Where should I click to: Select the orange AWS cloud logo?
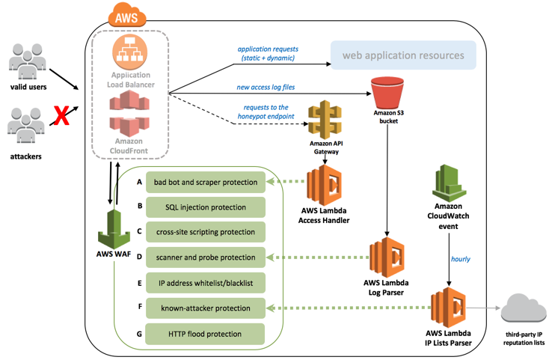[126, 15]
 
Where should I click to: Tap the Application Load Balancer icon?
[131, 53]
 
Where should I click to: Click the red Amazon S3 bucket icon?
[382, 91]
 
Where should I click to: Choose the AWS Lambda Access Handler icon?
[324, 184]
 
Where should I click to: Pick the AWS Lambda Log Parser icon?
[386, 257]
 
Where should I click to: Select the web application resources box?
[403, 55]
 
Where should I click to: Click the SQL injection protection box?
[206, 207]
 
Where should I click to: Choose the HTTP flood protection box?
[206, 334]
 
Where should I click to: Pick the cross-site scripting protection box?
[206, 232]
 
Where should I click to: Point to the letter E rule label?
[139, 283]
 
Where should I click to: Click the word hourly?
[462, 259]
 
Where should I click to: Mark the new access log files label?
[265, 87]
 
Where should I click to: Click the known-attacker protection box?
[206, 308]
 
